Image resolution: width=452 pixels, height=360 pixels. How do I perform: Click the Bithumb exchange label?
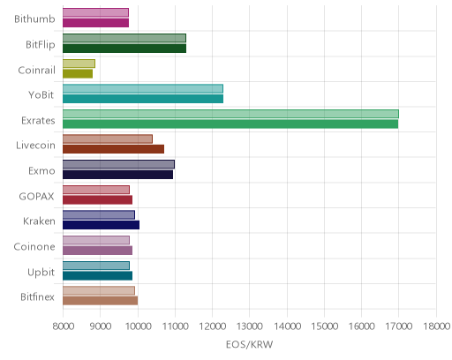34,19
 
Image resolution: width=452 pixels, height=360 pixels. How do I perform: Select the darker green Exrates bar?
230,124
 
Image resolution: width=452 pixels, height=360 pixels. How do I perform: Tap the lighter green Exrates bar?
230,114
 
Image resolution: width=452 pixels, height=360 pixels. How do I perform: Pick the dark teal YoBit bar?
143,99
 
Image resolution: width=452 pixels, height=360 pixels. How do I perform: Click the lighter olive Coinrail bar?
79,64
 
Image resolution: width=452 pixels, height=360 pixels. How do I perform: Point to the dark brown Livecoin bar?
113,149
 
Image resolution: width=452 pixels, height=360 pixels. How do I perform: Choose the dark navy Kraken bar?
101,225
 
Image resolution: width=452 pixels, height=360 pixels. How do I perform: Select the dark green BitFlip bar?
124,49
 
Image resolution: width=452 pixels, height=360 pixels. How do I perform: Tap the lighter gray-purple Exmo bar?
118,164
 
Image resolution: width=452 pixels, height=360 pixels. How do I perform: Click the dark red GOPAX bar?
97,200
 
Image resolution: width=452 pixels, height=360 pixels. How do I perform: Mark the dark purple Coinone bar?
97,251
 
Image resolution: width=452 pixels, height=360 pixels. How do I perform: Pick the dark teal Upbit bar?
97,276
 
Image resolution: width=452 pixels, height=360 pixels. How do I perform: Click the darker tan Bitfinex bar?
100,301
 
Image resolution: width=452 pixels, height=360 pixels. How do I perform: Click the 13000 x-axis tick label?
250,326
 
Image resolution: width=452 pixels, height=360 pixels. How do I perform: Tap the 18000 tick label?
437,326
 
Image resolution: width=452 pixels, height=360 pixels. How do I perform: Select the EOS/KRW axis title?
249,344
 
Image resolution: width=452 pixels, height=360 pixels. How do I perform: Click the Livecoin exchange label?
35,146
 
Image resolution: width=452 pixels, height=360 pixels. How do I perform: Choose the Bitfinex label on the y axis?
37,297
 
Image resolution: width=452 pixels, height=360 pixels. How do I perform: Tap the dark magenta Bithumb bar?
95,23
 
